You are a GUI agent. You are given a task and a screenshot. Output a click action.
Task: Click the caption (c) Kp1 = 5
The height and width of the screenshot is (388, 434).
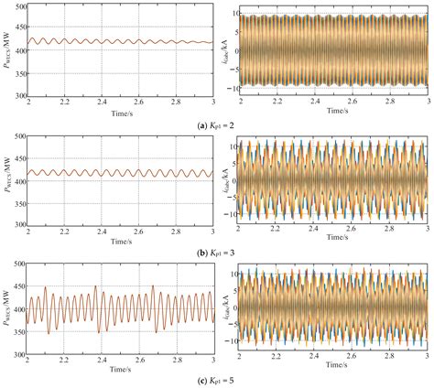[x=218, y=379]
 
